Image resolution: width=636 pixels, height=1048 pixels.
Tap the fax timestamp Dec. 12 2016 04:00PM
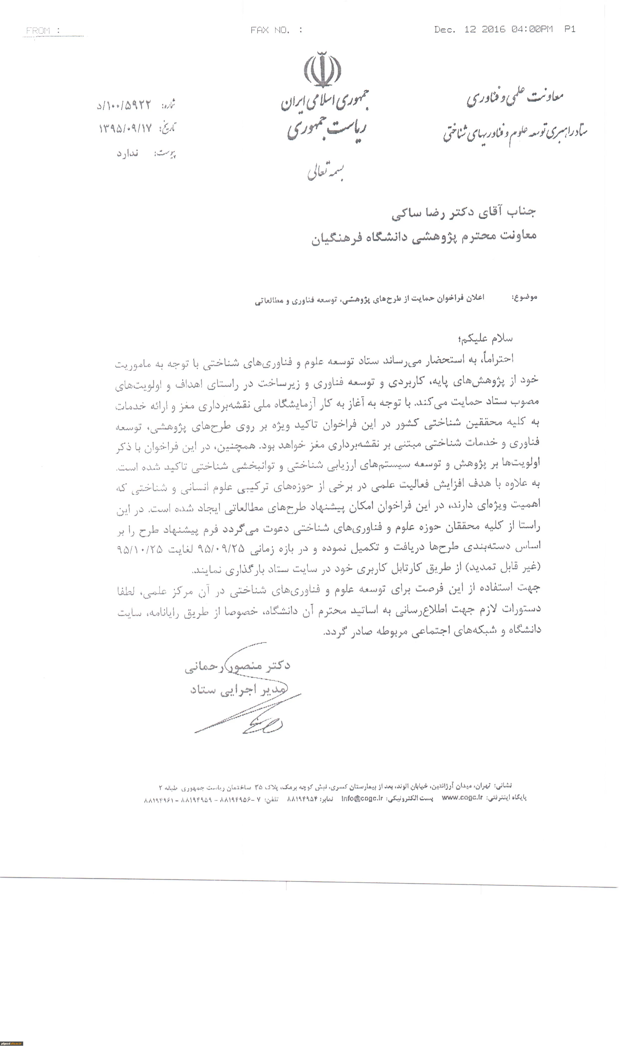(x=493, y=29)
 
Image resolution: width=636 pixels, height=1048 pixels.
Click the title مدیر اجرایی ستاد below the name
(x=238, y=690)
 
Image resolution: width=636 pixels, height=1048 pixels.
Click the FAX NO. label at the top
(x=276, y=30)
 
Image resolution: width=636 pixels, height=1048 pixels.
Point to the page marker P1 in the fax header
(x=570, y=29)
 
